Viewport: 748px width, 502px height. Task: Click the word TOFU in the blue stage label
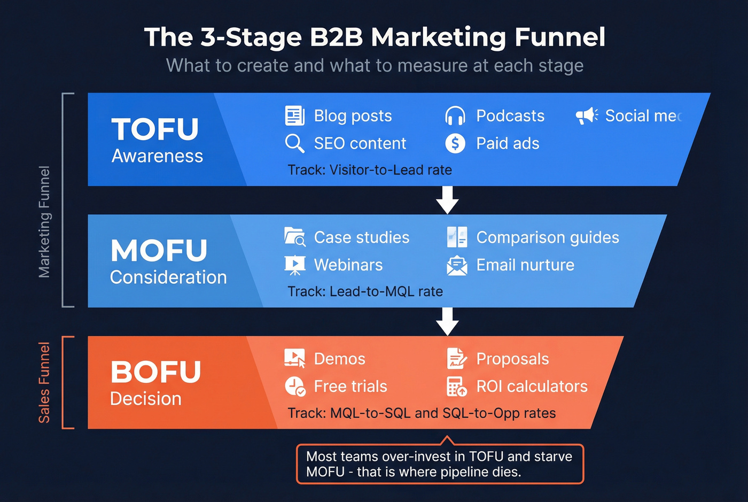[x=155, y=129]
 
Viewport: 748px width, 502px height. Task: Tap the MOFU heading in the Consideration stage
[x=159, y=250]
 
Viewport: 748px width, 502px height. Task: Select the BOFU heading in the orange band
[x=155, y=372]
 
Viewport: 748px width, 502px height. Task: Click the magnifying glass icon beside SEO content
[x=294, y=143]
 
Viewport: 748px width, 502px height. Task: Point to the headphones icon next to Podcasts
[x=455, y=116]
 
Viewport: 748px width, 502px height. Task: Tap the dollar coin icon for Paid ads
[x=455, y=143]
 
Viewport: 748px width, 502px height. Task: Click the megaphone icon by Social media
[x=587, y=115]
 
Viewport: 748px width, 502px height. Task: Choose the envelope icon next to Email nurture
[x=457, y=265]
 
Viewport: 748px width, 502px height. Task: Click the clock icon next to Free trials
[x=294, y=386]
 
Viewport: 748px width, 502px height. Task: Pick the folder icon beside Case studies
[x=294, y=237]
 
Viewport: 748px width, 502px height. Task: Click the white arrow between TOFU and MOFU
[x=447, y=200]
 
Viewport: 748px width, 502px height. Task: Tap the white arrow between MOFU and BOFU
[x=447, y=321]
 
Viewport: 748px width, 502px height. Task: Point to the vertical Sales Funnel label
[x=44, y=382]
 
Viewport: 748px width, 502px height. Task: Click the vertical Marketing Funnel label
[x=44, y=222]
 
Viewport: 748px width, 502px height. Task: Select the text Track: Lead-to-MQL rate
[x=365, y=291]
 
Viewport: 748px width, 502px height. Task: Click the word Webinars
[x=348, y=265]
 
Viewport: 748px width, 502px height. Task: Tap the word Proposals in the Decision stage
[x=512, y=359]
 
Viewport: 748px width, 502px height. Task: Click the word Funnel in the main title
[x=559, y=37]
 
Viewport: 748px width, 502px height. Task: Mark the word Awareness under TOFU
[x=157, y=156]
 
